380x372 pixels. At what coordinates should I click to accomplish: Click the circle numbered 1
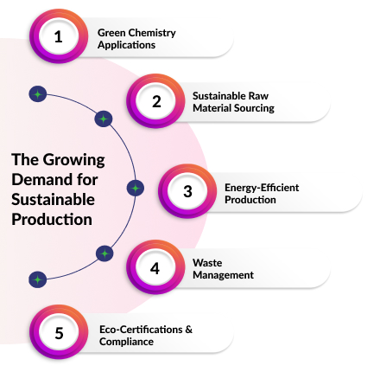coord(59,37)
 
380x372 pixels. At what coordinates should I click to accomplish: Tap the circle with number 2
coord(156,101)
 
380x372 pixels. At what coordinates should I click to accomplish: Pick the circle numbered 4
coord(155,267)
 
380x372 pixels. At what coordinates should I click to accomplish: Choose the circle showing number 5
coord(59,333)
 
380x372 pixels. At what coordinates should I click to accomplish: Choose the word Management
coord(223,274)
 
